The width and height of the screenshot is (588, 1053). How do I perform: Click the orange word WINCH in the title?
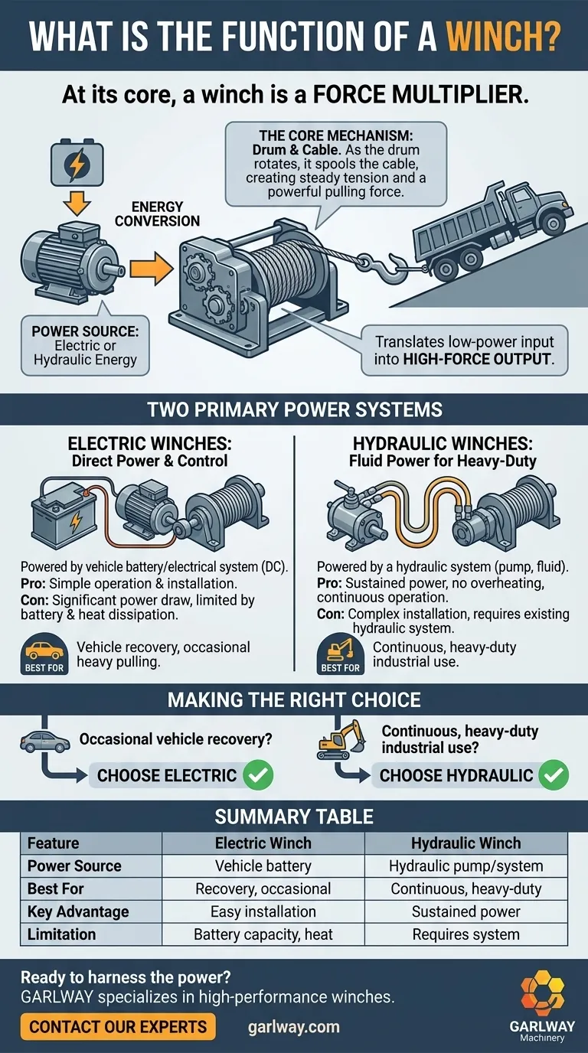[502, 36]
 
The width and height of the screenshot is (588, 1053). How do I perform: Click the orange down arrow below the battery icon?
[77, 203]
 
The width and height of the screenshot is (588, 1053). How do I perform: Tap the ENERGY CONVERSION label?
[157, 214]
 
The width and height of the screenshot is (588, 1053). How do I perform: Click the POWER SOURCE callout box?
[85, 346]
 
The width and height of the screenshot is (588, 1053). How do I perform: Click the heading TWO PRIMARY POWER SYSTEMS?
[295, 409]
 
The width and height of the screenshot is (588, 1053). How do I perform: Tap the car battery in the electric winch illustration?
[60, 515]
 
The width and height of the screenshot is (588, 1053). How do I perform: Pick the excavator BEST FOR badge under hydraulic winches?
[340, 654]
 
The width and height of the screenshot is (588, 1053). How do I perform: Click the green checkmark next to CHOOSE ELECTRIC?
[258, 775]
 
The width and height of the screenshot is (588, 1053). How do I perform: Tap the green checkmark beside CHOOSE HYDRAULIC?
[554, 775]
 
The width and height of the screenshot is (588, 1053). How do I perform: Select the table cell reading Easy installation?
[263, 911]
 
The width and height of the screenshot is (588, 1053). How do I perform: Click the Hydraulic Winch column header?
[465, 843]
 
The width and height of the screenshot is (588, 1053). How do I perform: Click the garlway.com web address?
[293, 1027]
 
